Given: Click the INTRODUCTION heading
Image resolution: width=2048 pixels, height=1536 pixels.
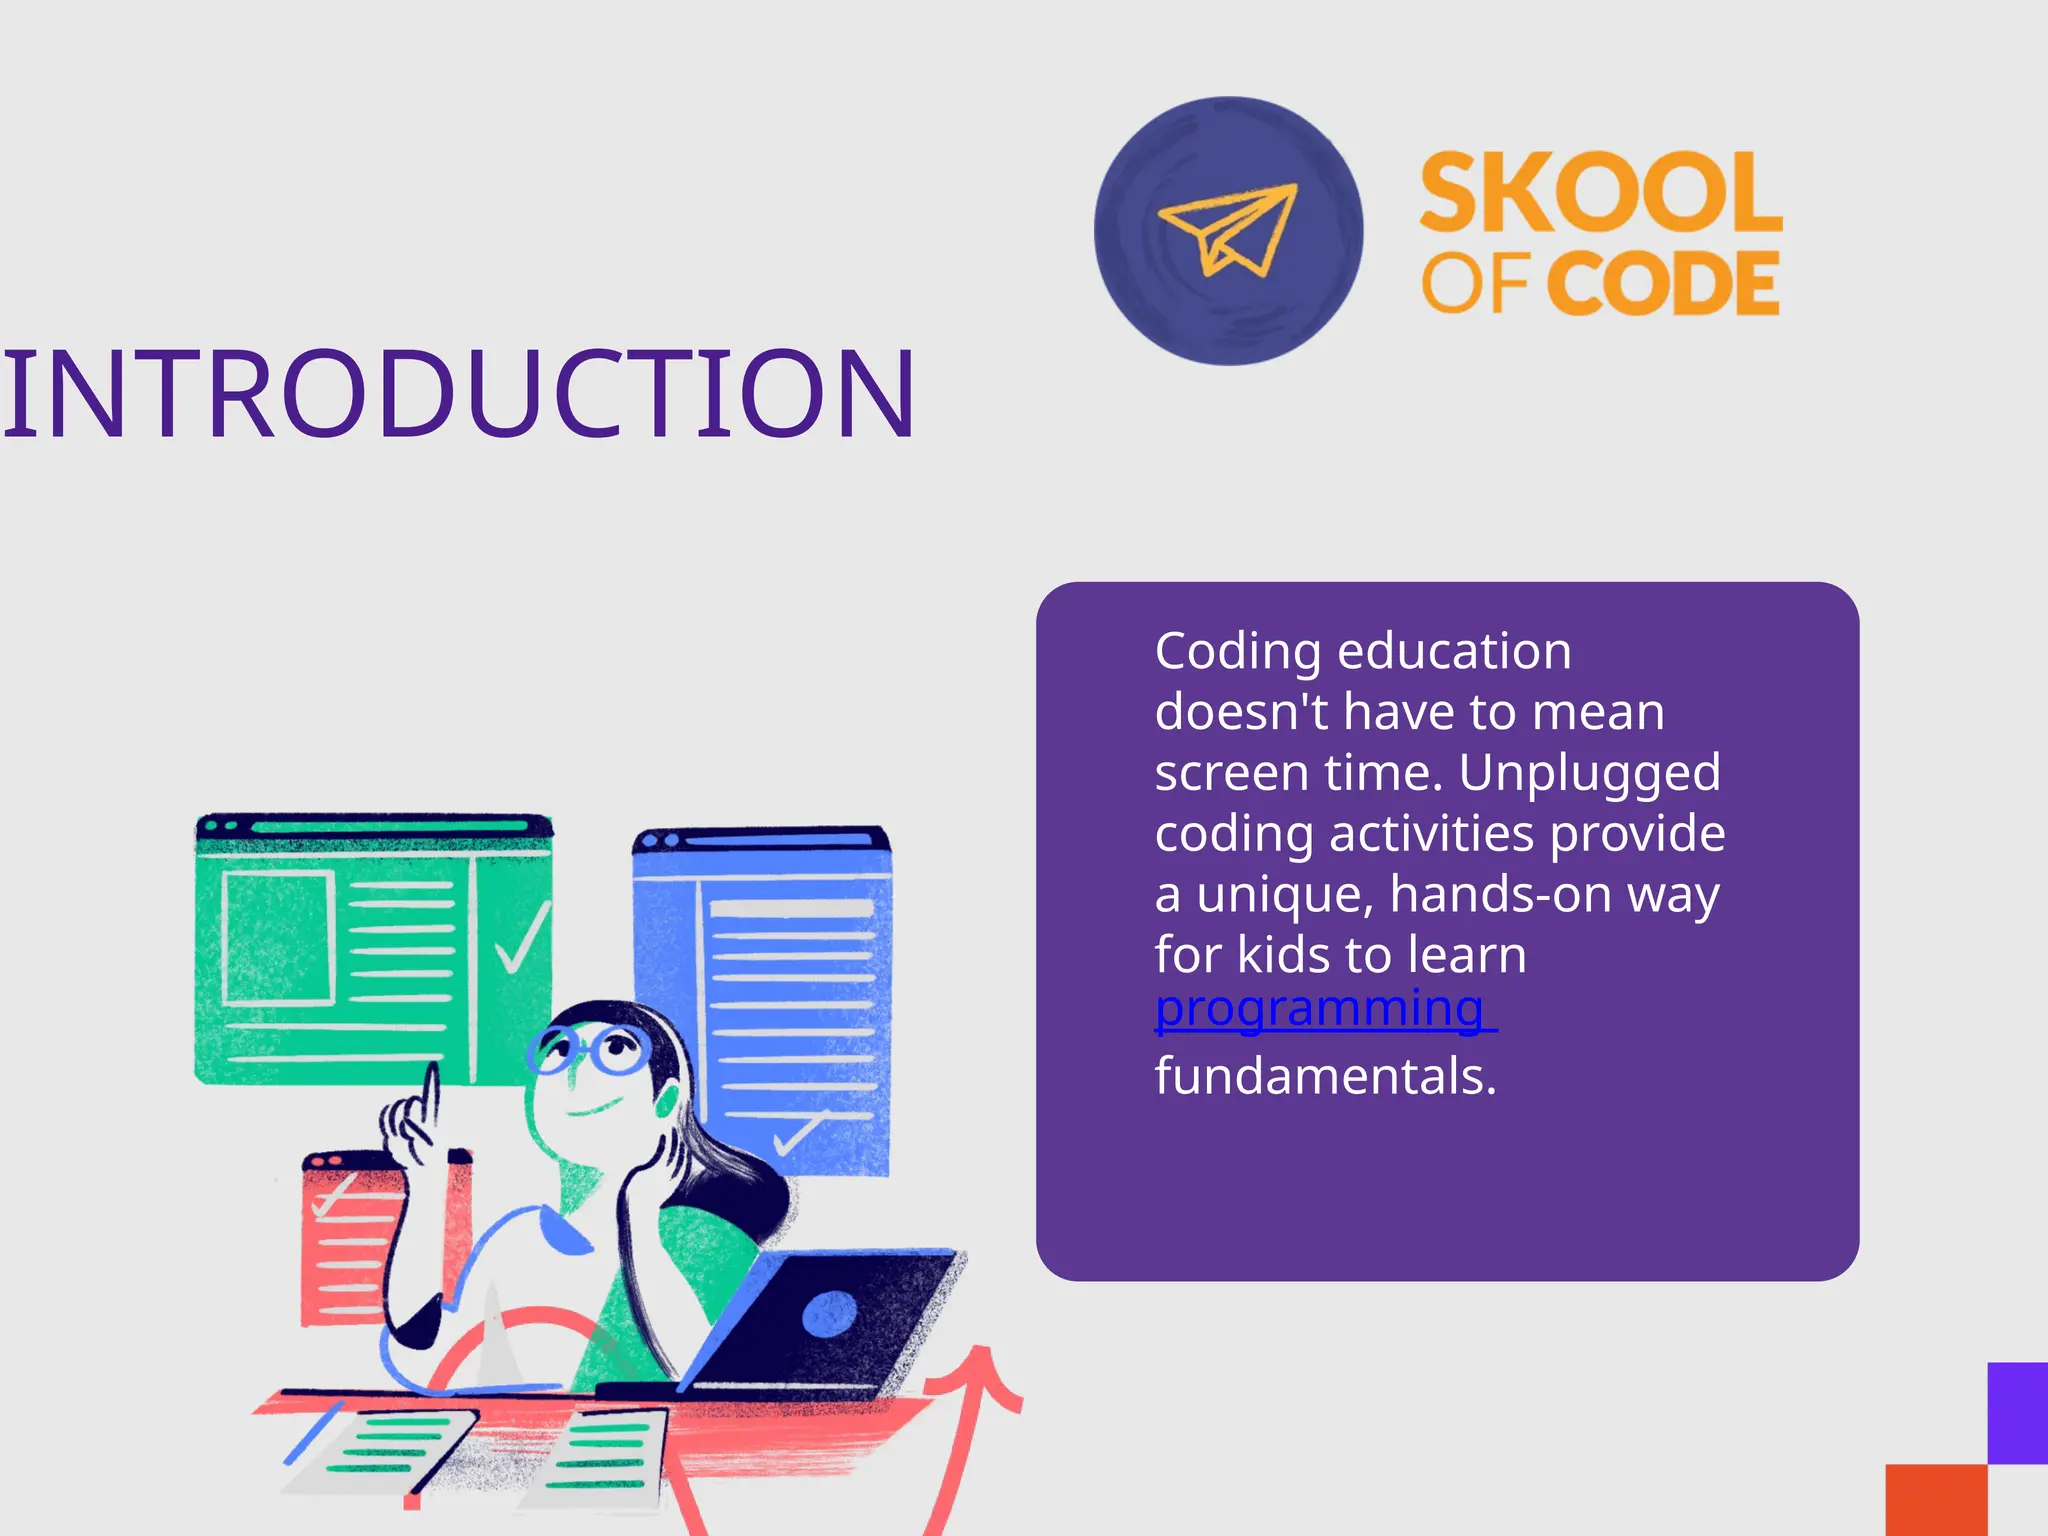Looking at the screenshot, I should coord(458,394).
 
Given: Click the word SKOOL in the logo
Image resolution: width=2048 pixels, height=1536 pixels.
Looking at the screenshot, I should coord(1600,192).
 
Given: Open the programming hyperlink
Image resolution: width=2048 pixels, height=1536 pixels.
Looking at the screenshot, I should coord(1320,1009).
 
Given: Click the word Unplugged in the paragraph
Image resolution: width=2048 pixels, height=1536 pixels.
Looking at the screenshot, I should coord(1590,774).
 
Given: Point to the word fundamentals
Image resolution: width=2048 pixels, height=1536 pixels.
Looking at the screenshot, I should coord(1326,1077).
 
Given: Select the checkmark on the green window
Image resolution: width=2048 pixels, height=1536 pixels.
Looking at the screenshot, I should coord(521,938).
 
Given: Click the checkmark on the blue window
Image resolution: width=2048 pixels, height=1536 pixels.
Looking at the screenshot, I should coord(799,1133).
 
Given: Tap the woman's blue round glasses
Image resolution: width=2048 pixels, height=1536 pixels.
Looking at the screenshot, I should coord(590,1050).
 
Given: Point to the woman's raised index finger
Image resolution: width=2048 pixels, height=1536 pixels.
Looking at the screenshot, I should coord(431,1095).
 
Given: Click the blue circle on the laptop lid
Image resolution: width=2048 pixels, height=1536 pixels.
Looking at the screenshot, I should coord(829,1313).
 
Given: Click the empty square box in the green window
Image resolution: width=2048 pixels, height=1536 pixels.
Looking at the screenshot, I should coord(278,938).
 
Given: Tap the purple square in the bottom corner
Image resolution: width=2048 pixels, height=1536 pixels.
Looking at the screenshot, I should coord(2017,1412).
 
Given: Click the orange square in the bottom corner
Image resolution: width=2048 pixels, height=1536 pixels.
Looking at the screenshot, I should coord(1936,1500).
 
